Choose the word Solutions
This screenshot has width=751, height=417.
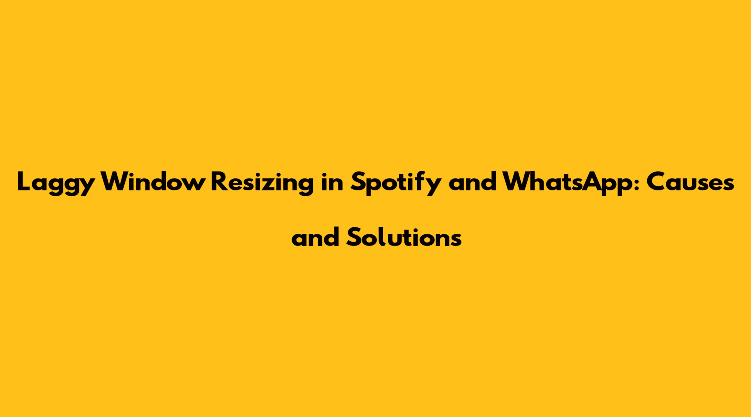tap(404, 236)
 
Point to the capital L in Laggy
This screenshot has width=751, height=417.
tap(24, 181)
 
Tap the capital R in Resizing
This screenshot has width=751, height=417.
tap(219, 181)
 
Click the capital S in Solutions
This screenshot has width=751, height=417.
tap(354, 236)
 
